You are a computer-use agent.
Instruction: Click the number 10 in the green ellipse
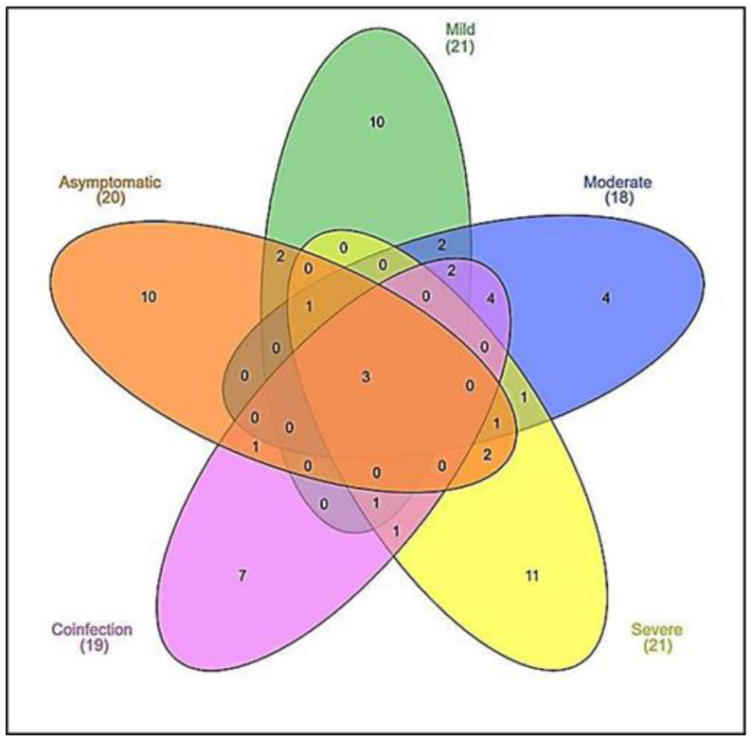(x=376, y=120)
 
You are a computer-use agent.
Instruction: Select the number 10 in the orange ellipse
(x=149, y=297)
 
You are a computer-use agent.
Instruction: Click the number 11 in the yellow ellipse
(x=532, y=575)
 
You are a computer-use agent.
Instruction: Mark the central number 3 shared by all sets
(x=366, y=377)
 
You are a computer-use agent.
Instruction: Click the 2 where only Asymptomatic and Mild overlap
(x=280, y=257)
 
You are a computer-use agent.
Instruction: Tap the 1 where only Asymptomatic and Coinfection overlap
(x=256, y=444)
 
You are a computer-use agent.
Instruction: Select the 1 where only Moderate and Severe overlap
(x=524, y=397)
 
